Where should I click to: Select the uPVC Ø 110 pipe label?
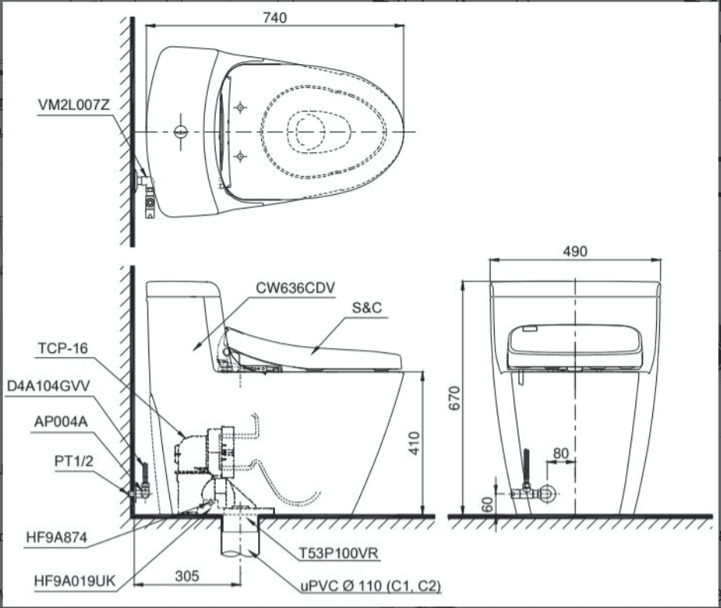(370, 586)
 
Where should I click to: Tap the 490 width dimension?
(574, 251)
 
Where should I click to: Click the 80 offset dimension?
(562, 453)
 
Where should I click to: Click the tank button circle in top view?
(180, 131)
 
